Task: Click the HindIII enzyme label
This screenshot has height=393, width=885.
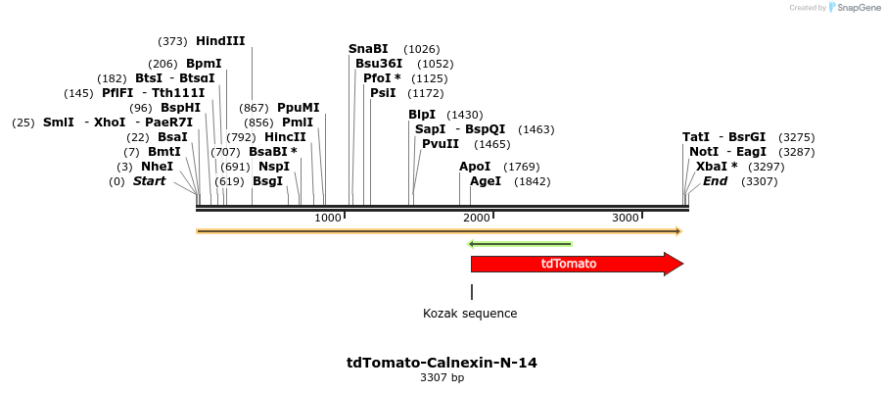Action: (220, 41)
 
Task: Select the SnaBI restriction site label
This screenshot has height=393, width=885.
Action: (368, 49)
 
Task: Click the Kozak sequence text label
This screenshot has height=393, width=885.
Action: (470, 314)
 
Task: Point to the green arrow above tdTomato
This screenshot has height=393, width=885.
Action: (520, 243)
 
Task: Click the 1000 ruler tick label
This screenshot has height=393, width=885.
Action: (327, 217)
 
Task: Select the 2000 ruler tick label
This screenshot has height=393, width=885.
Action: (476, 217)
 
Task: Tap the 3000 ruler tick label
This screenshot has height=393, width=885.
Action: (625, 217)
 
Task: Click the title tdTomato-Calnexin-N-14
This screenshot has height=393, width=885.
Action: (442, 363)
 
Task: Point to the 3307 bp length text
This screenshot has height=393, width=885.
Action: (442, 377)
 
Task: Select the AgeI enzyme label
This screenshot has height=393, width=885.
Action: (486, 181)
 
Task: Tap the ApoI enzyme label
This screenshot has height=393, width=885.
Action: (475, 167)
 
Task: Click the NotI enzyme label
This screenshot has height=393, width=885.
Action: (704, 152)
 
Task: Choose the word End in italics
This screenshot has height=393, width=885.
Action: (716, 181)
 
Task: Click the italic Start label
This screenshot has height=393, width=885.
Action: (149, 181)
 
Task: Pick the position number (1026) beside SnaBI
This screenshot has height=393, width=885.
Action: (422, 49)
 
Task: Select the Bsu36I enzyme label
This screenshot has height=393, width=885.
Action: (379, 64)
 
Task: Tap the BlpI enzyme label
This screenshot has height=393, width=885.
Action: (422, 115)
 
